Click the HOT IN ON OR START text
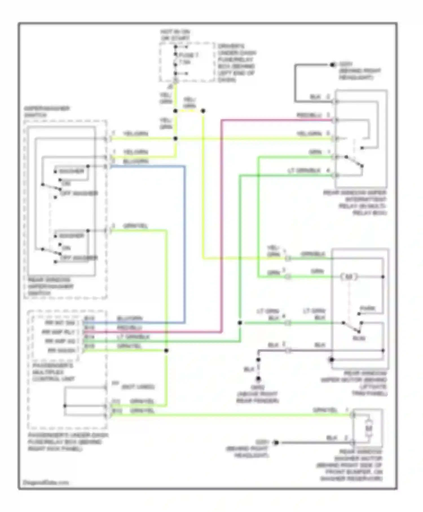175,35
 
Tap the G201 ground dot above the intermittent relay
332,65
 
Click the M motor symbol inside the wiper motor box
349,277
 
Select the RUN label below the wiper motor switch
359,338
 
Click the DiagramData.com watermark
45,482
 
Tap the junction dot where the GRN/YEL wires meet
166,351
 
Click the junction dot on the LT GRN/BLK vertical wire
240,323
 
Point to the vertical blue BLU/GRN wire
185,243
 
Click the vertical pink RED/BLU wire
222,226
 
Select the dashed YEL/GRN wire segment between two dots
189,111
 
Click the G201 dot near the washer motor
276,443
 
